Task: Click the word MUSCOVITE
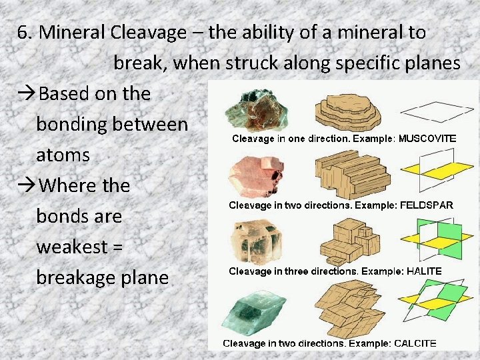tap(427, 139)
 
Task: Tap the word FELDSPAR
tap(425, 205)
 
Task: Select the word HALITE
tap(419, 271)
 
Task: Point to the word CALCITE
tap(415, 343)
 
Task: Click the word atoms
tap(63, 155)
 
